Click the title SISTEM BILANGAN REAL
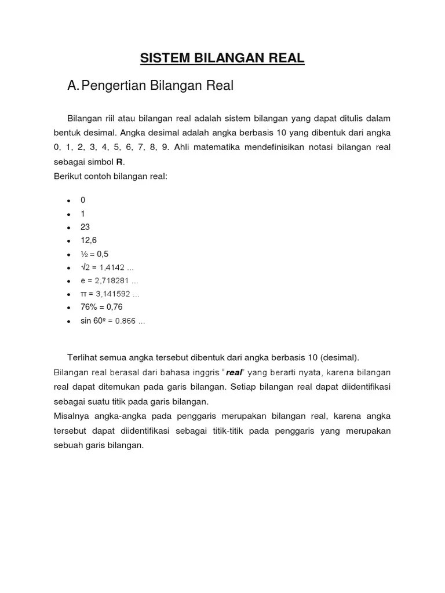222,58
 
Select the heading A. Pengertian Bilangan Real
150,86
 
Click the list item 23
85,226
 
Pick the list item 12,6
89,240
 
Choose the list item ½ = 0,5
94,254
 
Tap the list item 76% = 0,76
102,307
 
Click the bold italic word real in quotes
234,372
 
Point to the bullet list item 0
83,200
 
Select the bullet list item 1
83,213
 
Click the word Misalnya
71,416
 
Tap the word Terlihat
83,357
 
